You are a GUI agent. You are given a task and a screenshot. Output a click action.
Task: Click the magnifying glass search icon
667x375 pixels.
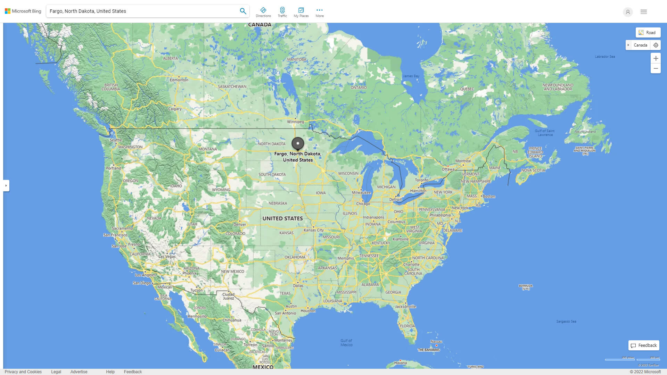[x=243, y=11]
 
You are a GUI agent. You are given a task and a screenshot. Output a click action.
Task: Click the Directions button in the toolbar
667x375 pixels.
[x=263, y=12]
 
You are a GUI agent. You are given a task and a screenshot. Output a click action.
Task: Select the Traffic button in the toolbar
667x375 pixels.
[x=282, y=12]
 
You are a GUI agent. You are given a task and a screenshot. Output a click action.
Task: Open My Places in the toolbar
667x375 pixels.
[x=301, y=12]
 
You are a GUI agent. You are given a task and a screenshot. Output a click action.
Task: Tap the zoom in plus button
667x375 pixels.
[x=656, y=58]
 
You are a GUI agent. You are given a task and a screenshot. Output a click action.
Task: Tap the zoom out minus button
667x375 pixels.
[x=656, y=68]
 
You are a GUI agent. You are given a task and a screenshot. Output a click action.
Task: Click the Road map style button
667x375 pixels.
[x=648, y=33]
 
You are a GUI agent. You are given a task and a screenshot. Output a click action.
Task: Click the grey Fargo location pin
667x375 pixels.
[x=298, y=143]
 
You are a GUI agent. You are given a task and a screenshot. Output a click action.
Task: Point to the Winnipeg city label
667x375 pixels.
[x=295, y=122]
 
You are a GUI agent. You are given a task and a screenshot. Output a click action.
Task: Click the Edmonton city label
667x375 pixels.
[x=179, y=80]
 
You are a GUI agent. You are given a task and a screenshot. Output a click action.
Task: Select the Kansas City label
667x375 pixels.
[x=313, y=230]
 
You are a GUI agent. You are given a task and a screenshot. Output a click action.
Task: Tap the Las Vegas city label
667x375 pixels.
[x=167, y=257]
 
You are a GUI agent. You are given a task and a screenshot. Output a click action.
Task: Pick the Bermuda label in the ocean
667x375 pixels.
[x=526, y=287]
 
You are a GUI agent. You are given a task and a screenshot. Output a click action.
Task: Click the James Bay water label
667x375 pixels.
[x=411, y=76]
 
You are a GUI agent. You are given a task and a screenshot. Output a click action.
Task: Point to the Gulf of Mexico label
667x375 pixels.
[x=346, y=343]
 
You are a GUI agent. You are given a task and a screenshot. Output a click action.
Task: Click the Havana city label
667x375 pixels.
[x=400, y=363]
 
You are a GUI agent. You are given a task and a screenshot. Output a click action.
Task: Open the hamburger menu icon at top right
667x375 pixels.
[x=643, y=12]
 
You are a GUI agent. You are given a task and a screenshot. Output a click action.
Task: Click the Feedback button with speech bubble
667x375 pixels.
[x=644, y=345]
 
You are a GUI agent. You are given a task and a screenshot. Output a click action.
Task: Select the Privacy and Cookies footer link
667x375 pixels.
[x=23, y=372]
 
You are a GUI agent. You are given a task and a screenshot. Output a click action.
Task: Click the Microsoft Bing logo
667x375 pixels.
[x=23, y=11]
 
